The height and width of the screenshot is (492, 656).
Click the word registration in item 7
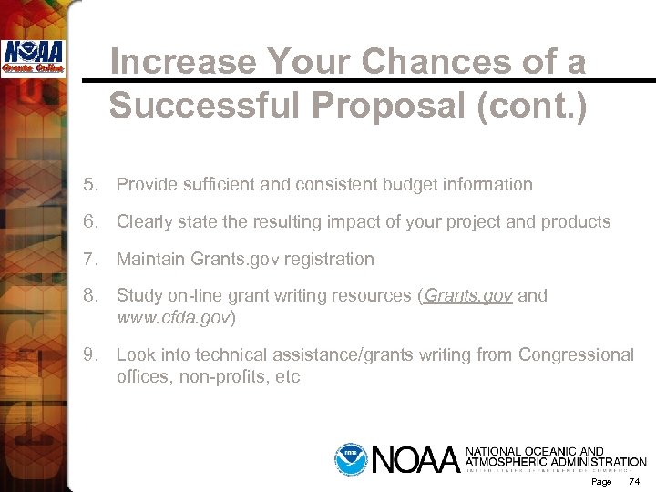click(x=328, y=260)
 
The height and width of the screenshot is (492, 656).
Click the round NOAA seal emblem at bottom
click(x=349, y=458)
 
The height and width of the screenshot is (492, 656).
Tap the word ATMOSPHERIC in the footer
click(x=505, y=463)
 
